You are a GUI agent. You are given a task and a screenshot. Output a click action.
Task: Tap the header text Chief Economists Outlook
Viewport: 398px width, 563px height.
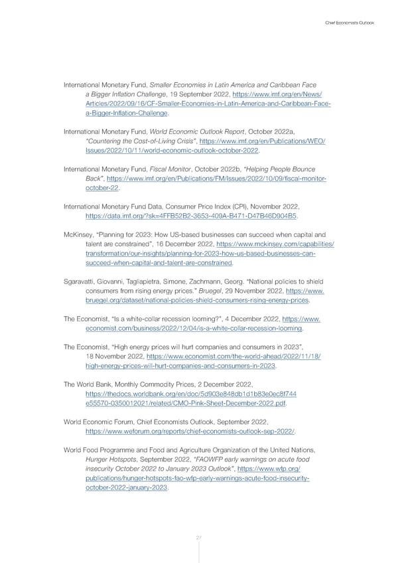coord(350,24)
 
